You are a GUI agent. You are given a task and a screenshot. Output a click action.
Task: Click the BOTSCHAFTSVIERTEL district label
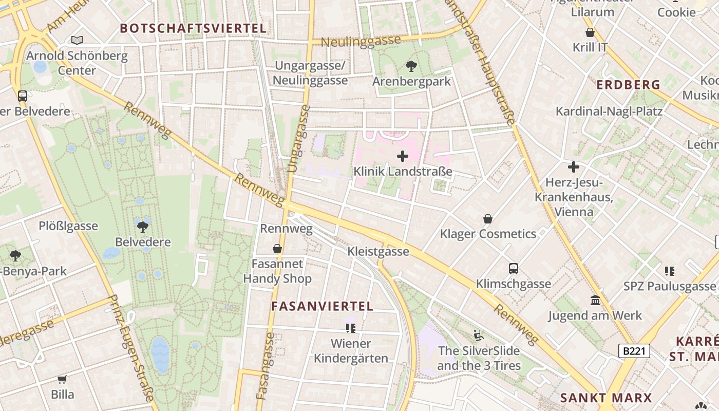(193, 28)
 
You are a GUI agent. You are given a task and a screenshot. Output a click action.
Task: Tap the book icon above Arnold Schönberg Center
(77, 40)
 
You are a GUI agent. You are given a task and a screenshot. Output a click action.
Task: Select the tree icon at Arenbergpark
(411, 66)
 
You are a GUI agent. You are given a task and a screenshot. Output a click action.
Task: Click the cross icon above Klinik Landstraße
(403, 156)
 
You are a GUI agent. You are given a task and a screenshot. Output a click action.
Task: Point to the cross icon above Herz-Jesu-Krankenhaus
(574, 166)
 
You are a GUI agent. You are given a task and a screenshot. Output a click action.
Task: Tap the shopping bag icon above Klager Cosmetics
(488, 219)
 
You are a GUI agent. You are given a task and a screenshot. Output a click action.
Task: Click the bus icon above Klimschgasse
(513, 268)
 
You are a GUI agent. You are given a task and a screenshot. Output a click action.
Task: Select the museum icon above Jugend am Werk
(595, 300)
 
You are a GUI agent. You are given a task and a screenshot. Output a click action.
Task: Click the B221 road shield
(634, 351)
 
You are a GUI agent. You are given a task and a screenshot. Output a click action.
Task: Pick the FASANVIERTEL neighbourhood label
(322, 306)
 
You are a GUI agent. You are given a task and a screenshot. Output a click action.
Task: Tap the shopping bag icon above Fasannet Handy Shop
(277, 249)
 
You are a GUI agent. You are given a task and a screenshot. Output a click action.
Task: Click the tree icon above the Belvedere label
(143, 226)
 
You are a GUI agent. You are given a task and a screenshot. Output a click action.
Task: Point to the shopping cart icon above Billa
(62, 379)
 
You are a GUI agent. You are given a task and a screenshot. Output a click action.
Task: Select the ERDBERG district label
(628, 85)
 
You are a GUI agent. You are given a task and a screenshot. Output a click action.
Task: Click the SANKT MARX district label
(606, 398)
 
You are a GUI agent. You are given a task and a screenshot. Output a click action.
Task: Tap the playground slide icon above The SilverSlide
(479, 335)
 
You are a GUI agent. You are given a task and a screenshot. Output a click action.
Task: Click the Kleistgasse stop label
(378, 251)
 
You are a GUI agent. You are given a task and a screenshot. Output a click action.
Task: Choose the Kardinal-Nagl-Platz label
(609, 111)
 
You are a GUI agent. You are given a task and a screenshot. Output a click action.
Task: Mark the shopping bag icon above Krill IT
(590, 32)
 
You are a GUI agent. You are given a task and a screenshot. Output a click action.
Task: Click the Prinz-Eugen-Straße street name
(131, 348)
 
